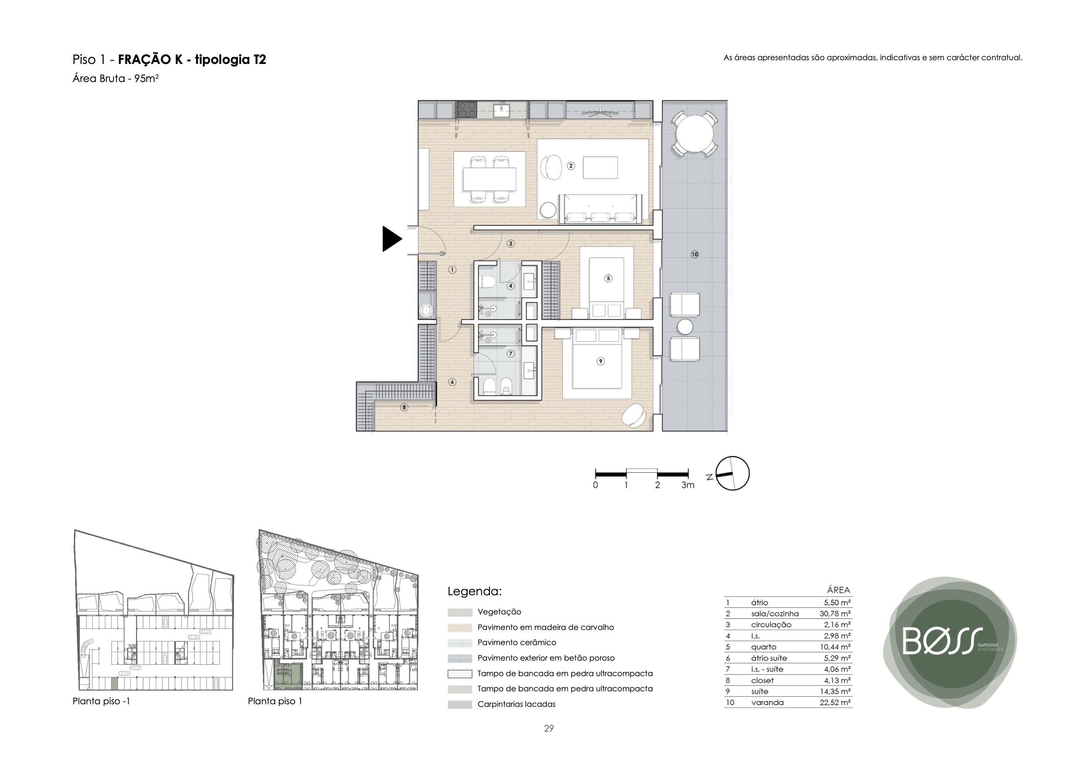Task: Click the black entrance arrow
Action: [392, 239]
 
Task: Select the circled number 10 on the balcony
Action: [694, 255]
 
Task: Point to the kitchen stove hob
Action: [467, 110]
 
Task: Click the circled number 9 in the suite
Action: [600, 361]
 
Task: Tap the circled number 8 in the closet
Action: [404, 408]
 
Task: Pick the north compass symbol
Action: [732, 473]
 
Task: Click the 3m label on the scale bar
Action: [687, 485]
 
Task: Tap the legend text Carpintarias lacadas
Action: [516, 704]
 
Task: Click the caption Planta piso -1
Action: [101, 701]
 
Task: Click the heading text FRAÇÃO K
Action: [150, 59]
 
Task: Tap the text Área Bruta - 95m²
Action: [116, 78]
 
